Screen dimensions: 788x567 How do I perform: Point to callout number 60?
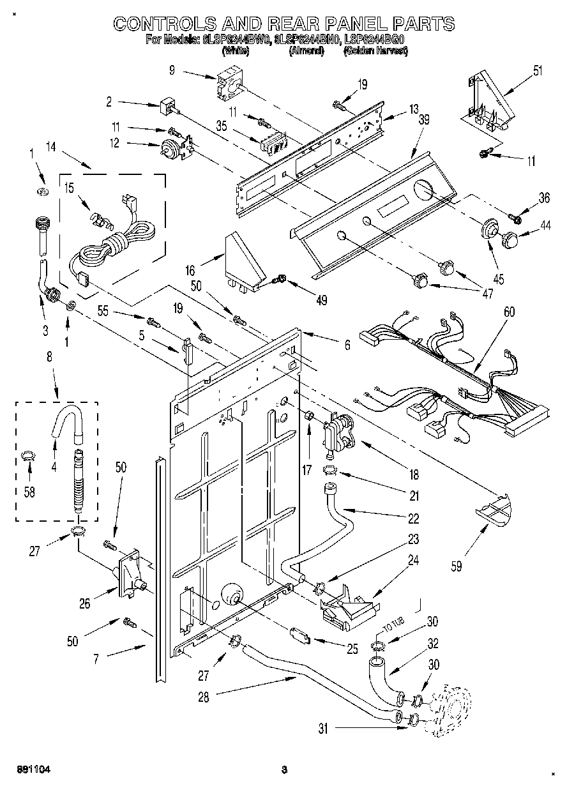coord(509,312)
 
